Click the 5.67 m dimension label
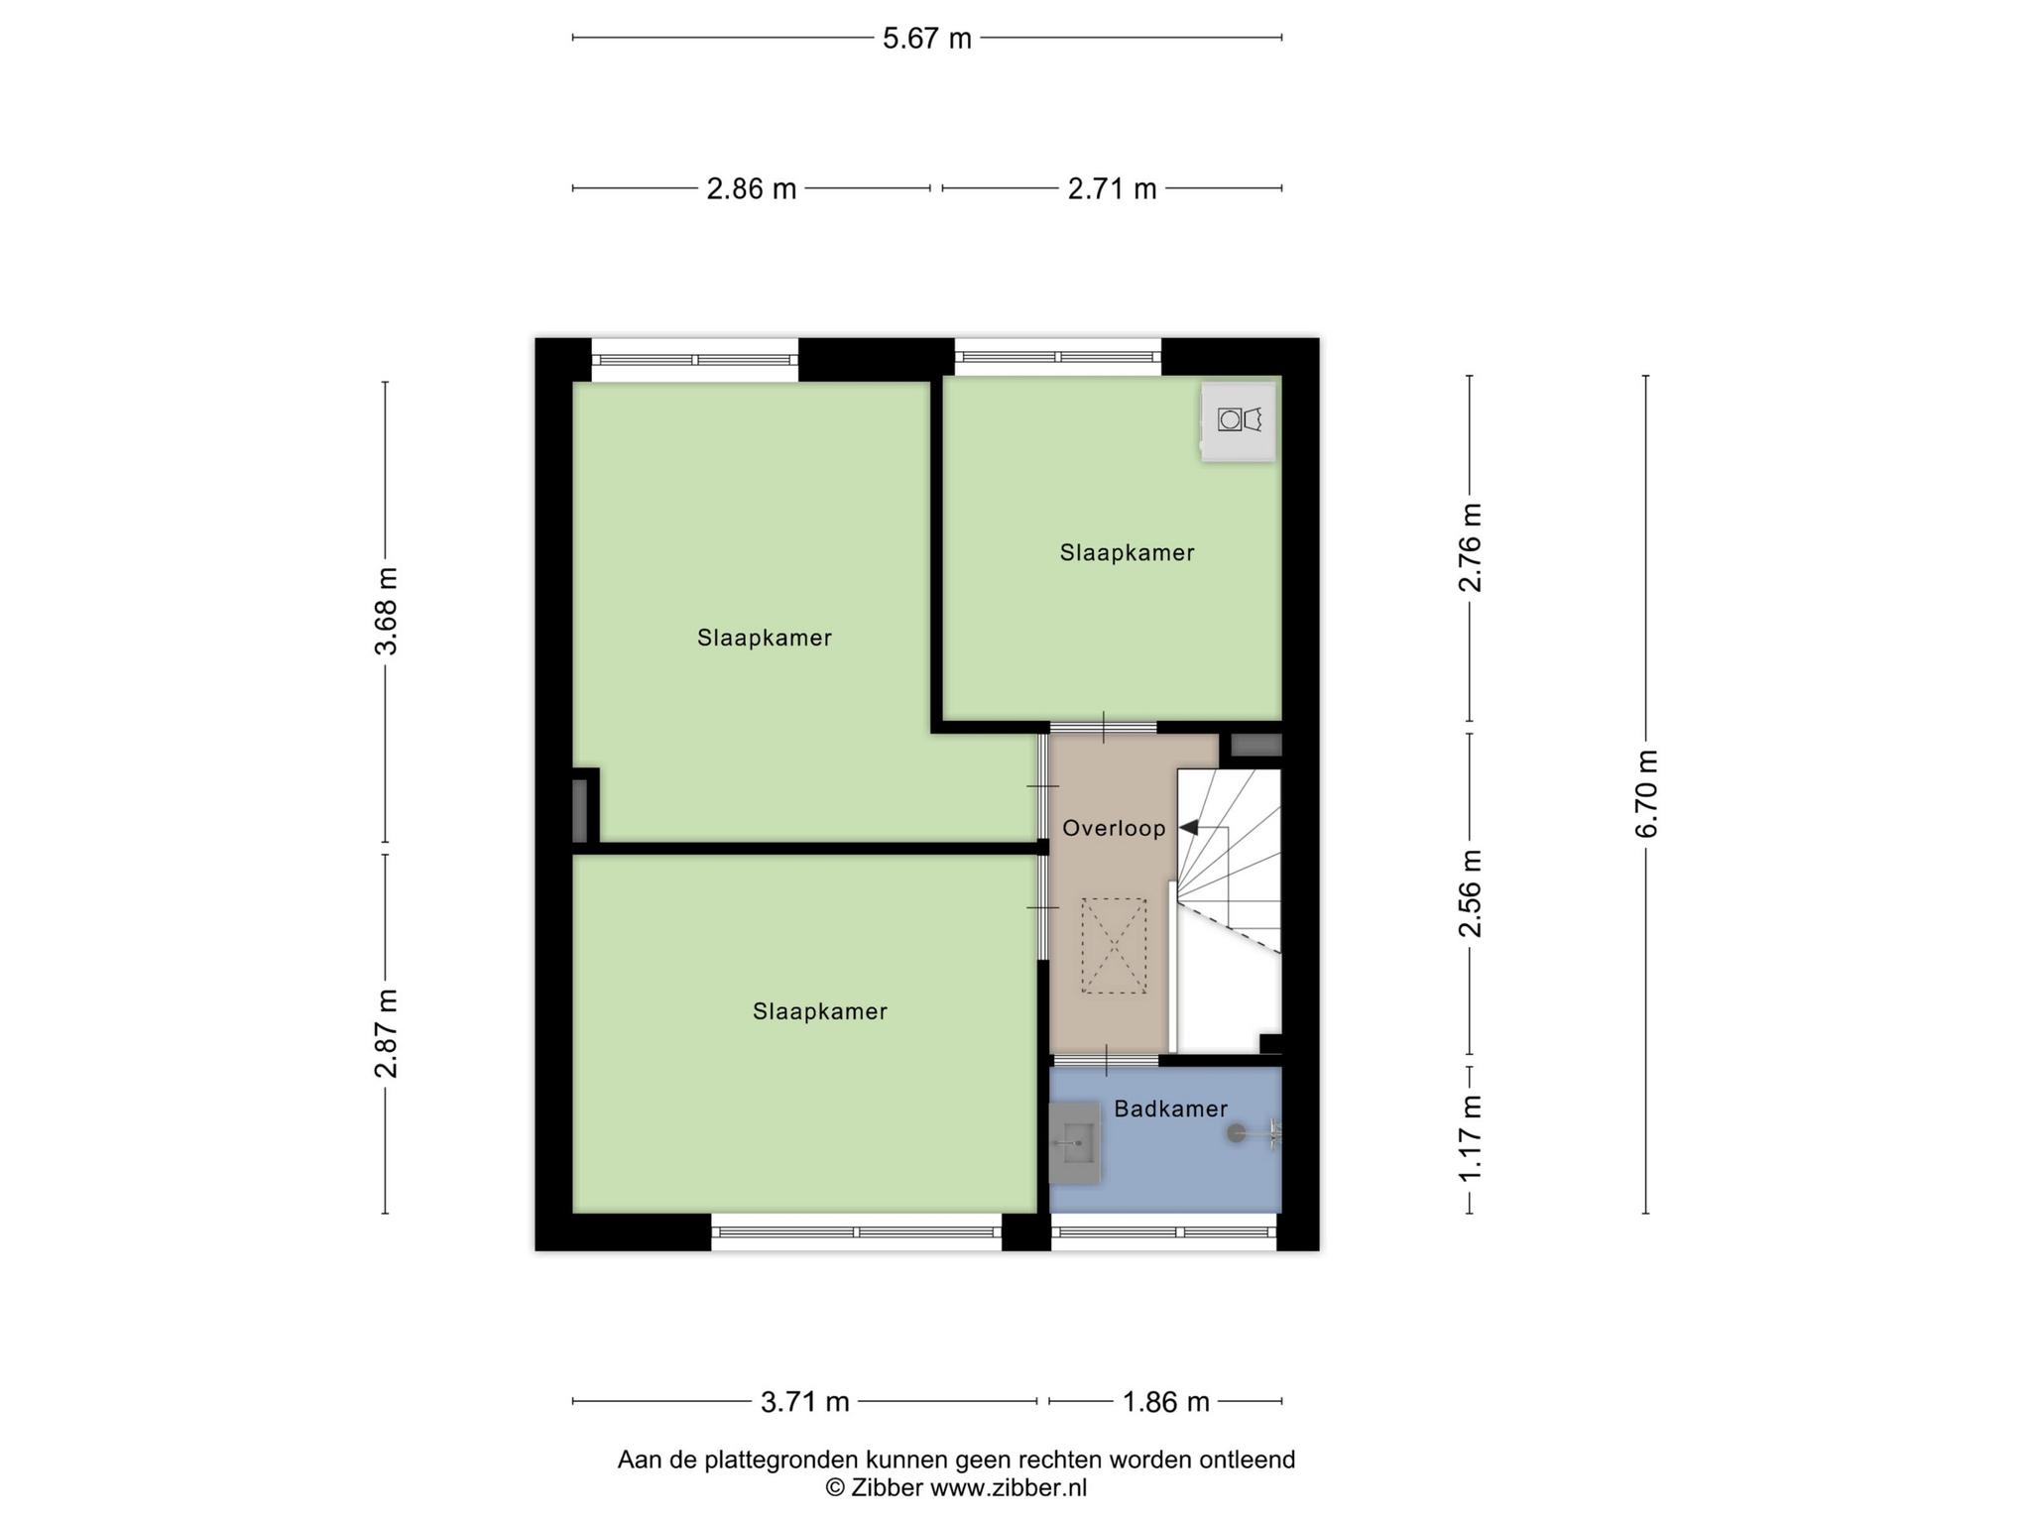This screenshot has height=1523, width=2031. pyautogui.click(x=927, y=39)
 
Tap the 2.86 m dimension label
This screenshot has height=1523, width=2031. pyautogui.click(x=751, y=188)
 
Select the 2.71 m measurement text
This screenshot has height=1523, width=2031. pyautogui.click(x=1112, y=188)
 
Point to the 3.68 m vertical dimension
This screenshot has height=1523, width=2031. pyautogui.click(x=386, y=611)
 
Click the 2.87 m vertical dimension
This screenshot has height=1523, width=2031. pyautogui.click(x=386, y=1033)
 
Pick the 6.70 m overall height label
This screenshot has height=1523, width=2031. pyautogui.click(x=1646, y=793)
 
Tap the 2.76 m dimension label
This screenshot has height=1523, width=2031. pyautogui.click(x=1470, y=547)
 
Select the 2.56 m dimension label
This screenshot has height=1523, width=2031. pyautogui.click(x=1470, y=892)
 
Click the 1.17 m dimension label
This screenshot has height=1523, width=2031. pyautogui.click(x=1470, y=1138)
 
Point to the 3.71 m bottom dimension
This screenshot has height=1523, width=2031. pyautogui.click(x=804, y=1402)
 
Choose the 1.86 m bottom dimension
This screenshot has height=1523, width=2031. pyautogui.click(x=1165, y=1402)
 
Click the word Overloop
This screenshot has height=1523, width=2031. pyautogui.click(x=1114, y=828)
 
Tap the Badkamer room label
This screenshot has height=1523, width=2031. pyautogui.click(x=1170, y=1109)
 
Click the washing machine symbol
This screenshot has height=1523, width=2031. pyautogui.click(x=1239, y=420)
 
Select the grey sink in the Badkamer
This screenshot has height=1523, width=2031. pyautogui.click(x=1075, y=1142)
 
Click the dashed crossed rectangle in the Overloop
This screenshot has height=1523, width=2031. pyautogui.click(x=1114, y=946)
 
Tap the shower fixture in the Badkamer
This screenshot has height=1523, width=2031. pyautogui.click(x=1255, y=1132)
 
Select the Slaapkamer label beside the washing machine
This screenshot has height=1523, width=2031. pyautogui.click(x=1127, y=552)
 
